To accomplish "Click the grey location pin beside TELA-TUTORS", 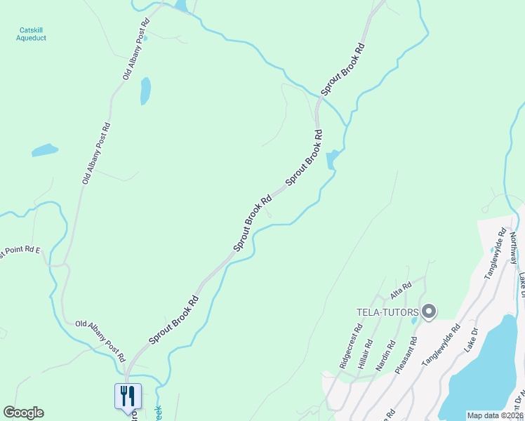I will (x=430, y=311).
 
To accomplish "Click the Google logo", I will (x=23, y=413).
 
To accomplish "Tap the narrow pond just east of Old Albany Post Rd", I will (x=145, y=91).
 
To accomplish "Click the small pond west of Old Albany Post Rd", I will (x=44, y=150).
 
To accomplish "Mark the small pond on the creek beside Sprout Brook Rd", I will (x=333, y=159).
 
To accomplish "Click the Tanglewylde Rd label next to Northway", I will (x=495, y=253).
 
